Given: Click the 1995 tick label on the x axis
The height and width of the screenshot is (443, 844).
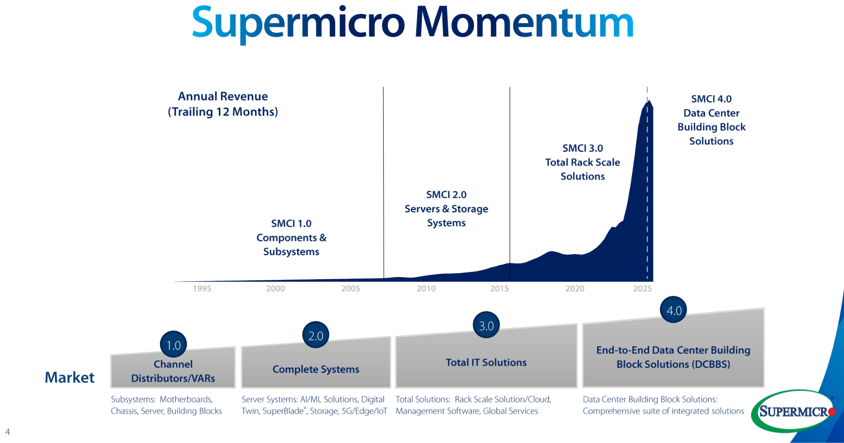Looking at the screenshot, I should [x=202, y=289].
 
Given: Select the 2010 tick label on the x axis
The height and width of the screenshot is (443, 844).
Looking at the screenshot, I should [x=426, y=289].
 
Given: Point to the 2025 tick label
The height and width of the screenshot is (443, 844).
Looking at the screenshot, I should [x=642, y=289].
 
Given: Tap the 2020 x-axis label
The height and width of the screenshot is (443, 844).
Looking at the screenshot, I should [x=574, y=289].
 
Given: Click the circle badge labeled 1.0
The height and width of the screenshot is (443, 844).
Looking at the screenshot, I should [x=173, y=345].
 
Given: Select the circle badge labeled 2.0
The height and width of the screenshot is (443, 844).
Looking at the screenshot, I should [x=316, y=335].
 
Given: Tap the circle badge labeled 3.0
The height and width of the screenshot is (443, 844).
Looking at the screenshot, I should [x=486, y=325].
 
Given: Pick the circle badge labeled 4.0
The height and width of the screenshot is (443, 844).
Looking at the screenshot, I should [x=674, y=310].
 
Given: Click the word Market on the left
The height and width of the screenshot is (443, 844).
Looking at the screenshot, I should [x=69, y=377].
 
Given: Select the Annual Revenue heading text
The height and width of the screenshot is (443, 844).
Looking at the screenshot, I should [x=223, y=96].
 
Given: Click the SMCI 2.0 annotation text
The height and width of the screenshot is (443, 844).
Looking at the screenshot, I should [x=446, y=195].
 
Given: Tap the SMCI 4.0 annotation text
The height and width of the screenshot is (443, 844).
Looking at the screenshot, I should [x=711, y=99].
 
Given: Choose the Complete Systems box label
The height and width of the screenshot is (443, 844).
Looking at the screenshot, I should [x=316, y=369].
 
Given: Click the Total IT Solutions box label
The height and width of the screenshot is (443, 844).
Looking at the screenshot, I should [x=486, y=362].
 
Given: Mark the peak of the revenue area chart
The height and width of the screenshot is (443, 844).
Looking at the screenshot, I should [x=649, y=101].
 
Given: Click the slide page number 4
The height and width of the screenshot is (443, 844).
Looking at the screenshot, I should [x=7, y=432].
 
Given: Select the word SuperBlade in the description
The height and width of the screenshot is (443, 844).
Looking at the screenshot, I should [x=284, y=411].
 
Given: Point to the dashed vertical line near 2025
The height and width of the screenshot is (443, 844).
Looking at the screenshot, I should [x=647, y=185].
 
